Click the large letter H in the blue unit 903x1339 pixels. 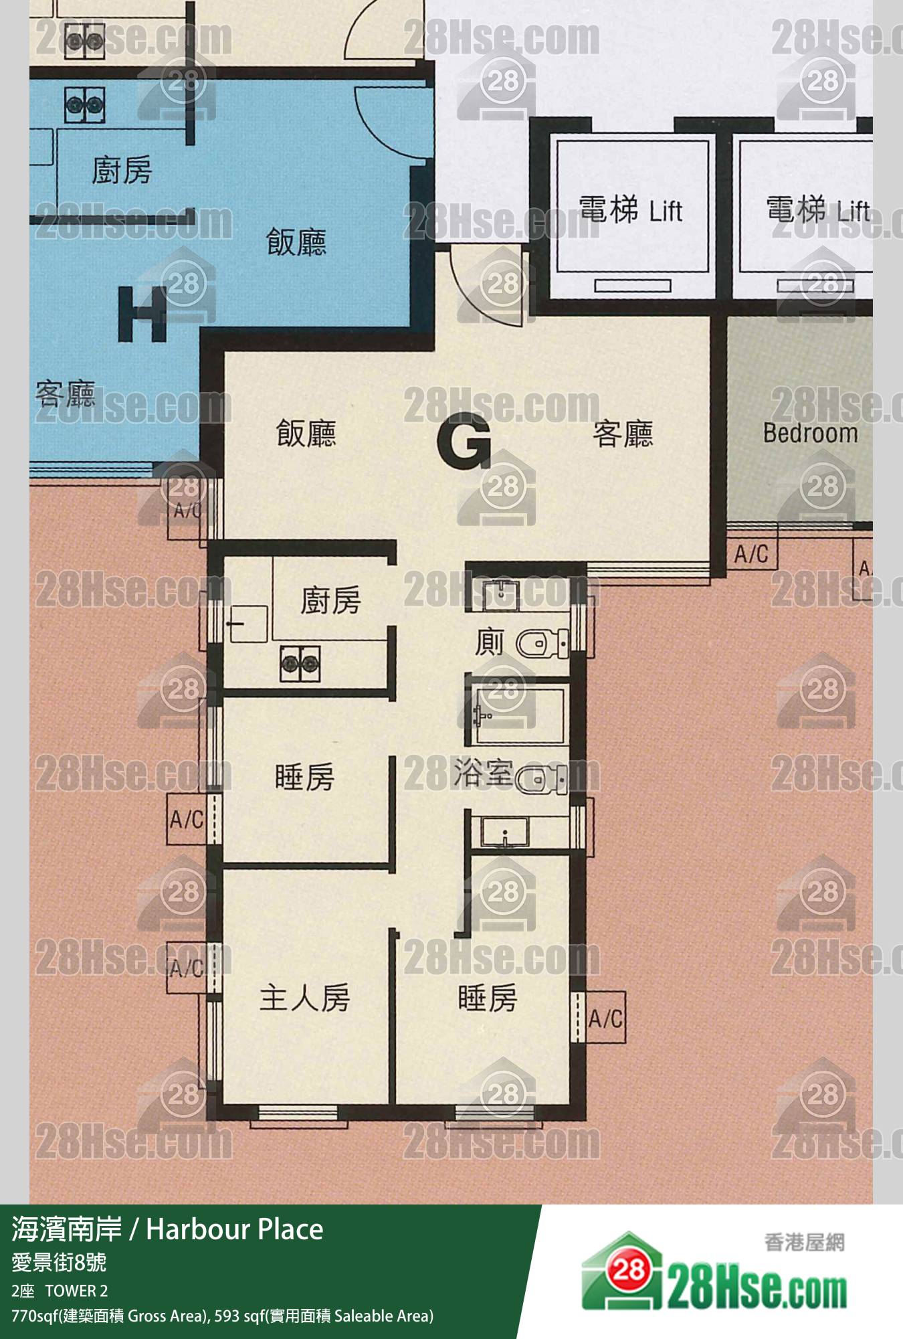coord(142,314)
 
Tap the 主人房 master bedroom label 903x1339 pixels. coord(305,998)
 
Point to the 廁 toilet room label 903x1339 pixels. coord(490,643)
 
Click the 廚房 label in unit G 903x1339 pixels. coord(330,600)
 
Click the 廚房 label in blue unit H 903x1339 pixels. coord(122,170)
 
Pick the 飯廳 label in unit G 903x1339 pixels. coord(306,434)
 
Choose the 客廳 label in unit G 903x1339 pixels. coord(623,434)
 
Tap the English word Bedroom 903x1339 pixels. coord(811,433)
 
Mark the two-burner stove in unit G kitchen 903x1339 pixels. coord(299,663)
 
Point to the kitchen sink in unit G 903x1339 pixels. coord(248,624)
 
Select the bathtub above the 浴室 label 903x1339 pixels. coord(519,714)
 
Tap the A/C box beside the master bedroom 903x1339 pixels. coord(185,968)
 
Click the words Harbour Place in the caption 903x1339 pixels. coord(235,1229)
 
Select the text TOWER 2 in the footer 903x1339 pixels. coord(76,1291)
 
